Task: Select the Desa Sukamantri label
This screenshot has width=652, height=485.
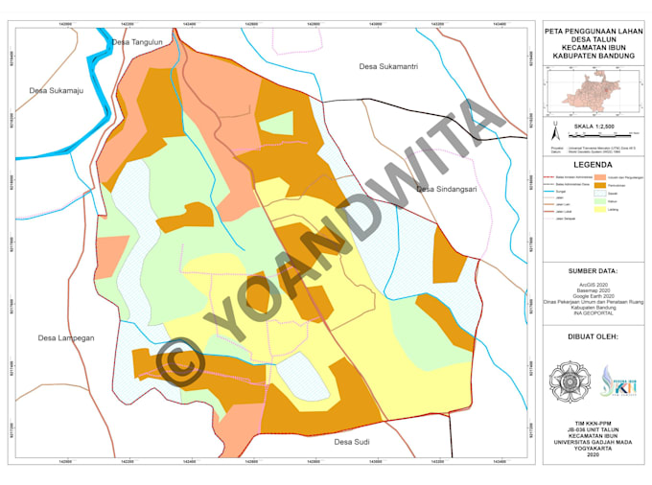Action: [x=387, y=66]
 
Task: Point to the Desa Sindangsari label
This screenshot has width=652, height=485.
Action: [x=446, y=189]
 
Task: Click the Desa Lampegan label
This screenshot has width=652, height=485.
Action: [x=65, y=337]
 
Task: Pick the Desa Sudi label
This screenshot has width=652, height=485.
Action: [x=352, y=442]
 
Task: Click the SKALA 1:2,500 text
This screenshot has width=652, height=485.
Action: [x=594, y=126]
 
